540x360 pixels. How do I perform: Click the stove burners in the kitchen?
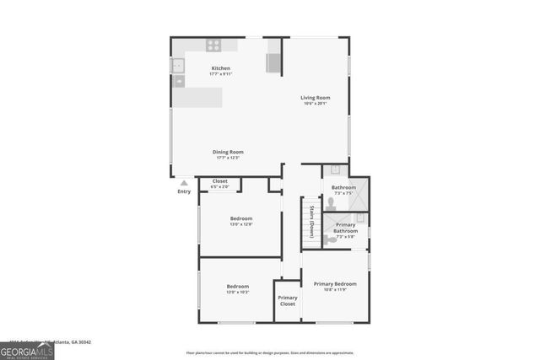(213, 46)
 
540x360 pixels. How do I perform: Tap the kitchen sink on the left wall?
(178, 64)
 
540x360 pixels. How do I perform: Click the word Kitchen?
(220, 68)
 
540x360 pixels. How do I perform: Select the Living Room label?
(316, 98)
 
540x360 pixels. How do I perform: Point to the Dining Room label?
(229, 152)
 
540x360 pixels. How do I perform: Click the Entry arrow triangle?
(184, 182)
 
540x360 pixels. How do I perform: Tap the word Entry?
(184, 191)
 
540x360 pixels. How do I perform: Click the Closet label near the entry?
(219, 181)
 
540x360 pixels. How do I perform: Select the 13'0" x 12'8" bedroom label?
(241, 224)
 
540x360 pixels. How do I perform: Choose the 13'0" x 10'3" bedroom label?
(237, 292)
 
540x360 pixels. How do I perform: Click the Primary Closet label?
(288, 300)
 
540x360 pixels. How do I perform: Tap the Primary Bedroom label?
(335, 284)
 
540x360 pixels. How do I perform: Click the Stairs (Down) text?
(311, 220)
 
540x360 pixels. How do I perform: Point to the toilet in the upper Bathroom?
(331, 203)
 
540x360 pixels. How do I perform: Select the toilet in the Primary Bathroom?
(327, 239)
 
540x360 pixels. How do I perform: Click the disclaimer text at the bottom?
(270, 352)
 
